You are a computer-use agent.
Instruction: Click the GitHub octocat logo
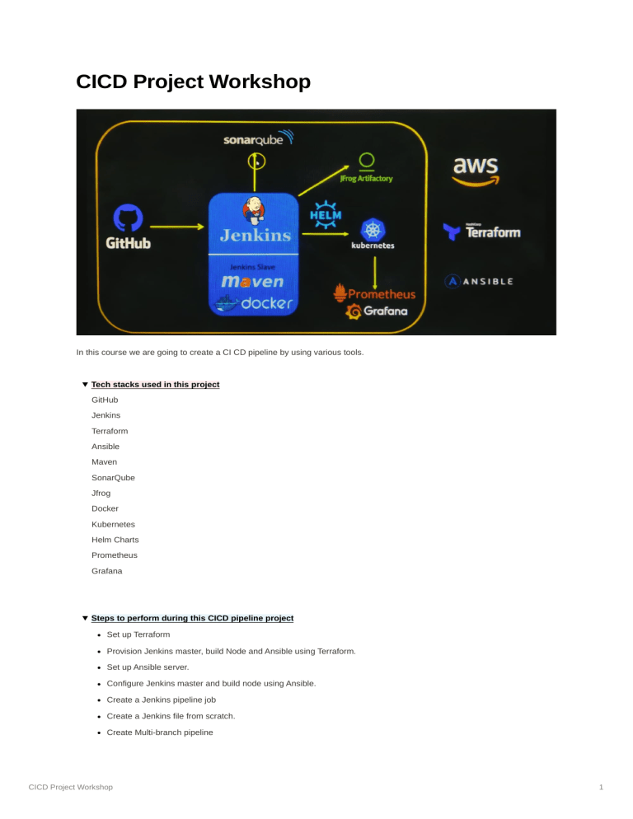[128, 218]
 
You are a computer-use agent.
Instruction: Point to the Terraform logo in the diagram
[482, 232]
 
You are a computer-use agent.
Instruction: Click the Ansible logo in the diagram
[479, 281]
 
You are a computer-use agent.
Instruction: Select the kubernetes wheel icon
[373, 229]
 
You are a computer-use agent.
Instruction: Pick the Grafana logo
[377, 311]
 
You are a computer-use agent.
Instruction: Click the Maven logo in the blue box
[252, 282]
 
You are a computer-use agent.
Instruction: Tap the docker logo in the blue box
[254, 304]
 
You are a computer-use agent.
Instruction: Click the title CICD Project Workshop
[193, 82]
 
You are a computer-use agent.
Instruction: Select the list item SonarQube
[113, 478]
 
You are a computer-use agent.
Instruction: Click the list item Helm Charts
[115, 540]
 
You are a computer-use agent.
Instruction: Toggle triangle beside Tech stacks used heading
[84, 385]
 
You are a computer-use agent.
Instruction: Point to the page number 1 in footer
[603, 788]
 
